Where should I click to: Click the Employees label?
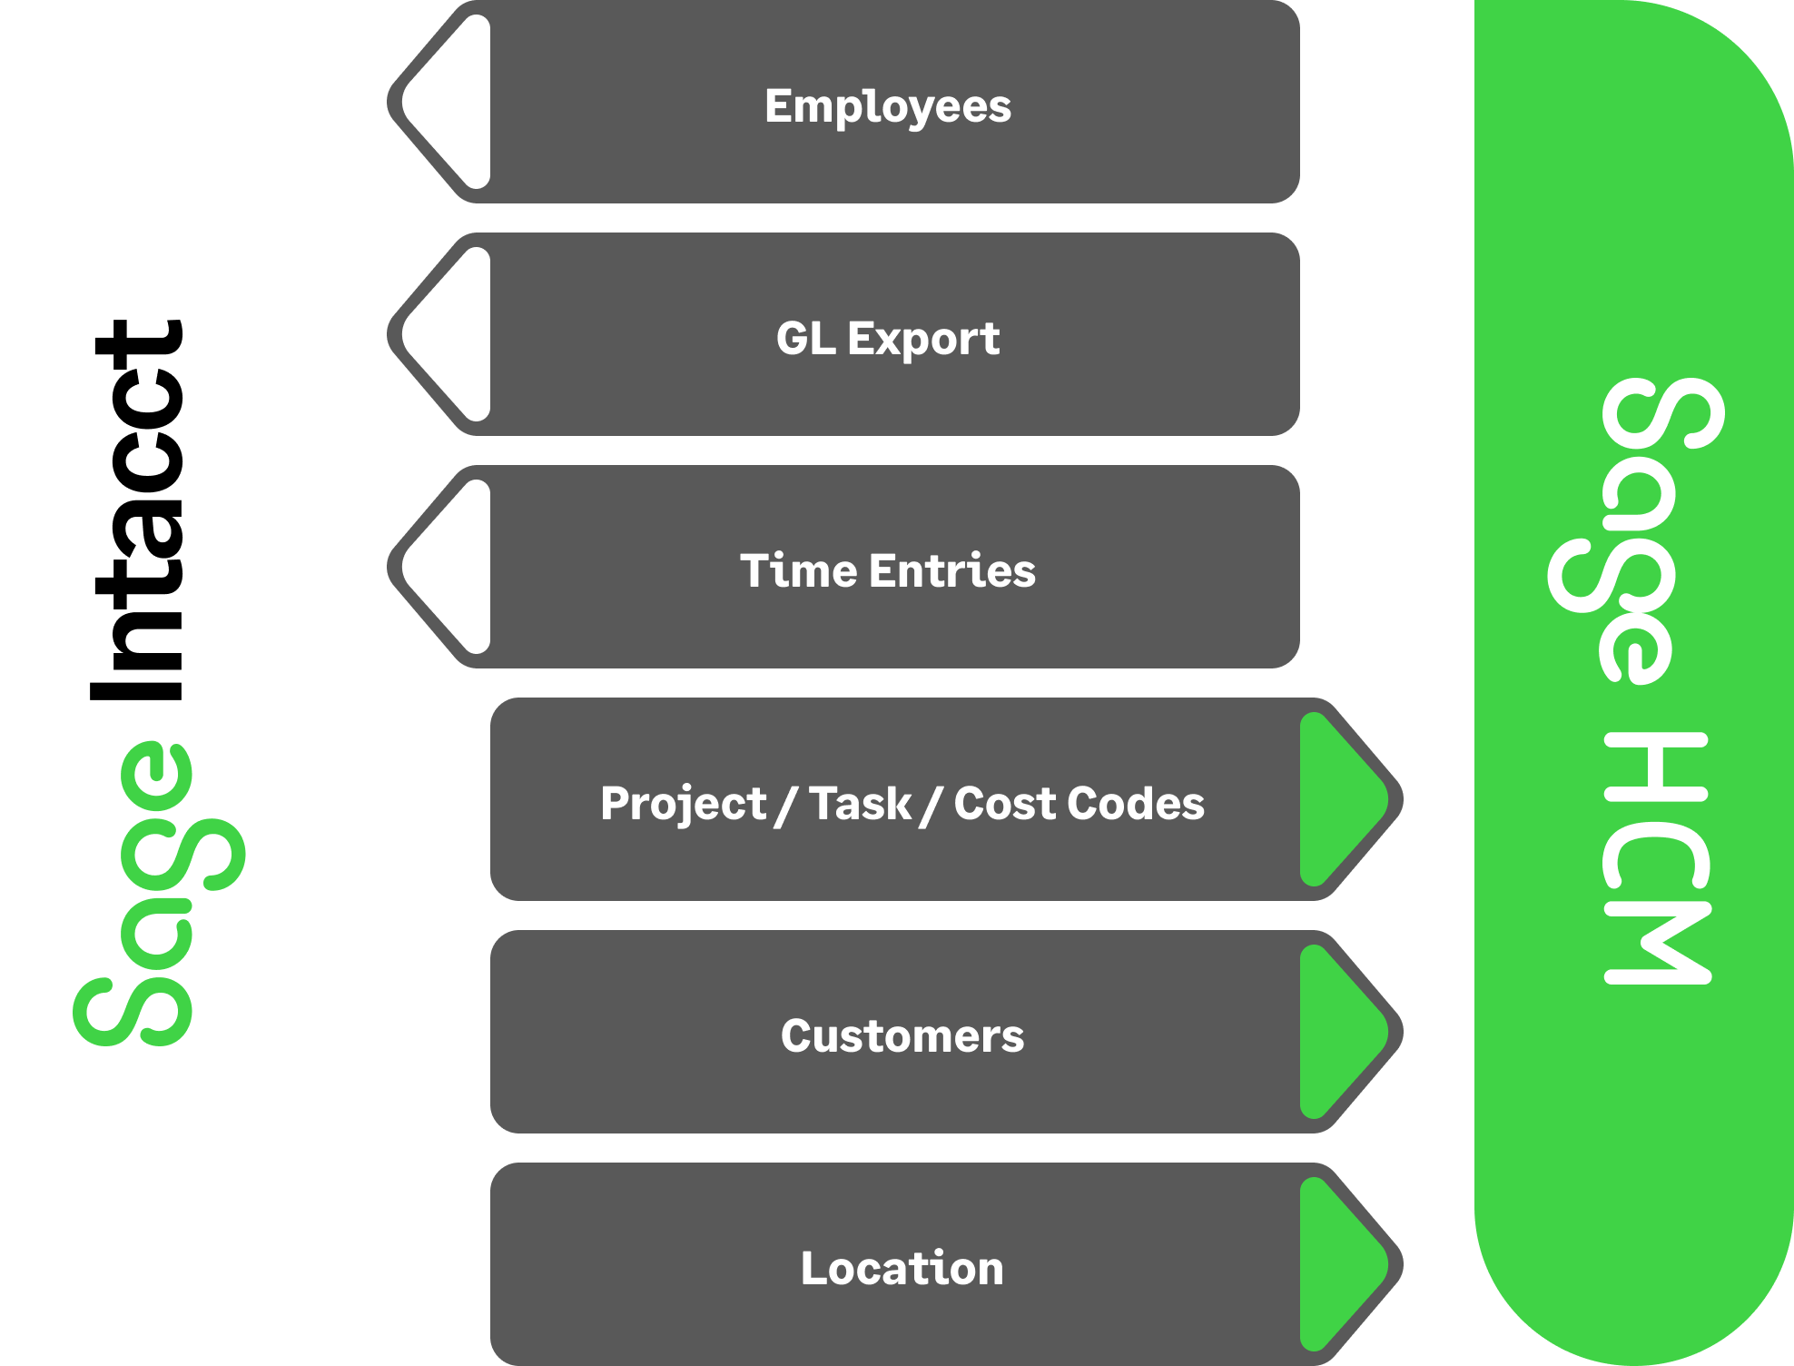coord(887,106)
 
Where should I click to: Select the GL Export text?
coord(887,339)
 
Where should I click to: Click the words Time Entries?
coord(887,571)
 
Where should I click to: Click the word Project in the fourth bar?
coord(683,804)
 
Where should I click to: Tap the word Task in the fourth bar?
coord(859,804)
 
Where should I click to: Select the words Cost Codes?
coord(1079,804)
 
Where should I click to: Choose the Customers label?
coord(902,1036)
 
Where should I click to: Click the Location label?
coord(902,1269)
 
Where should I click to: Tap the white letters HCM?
coord(1657,858)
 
